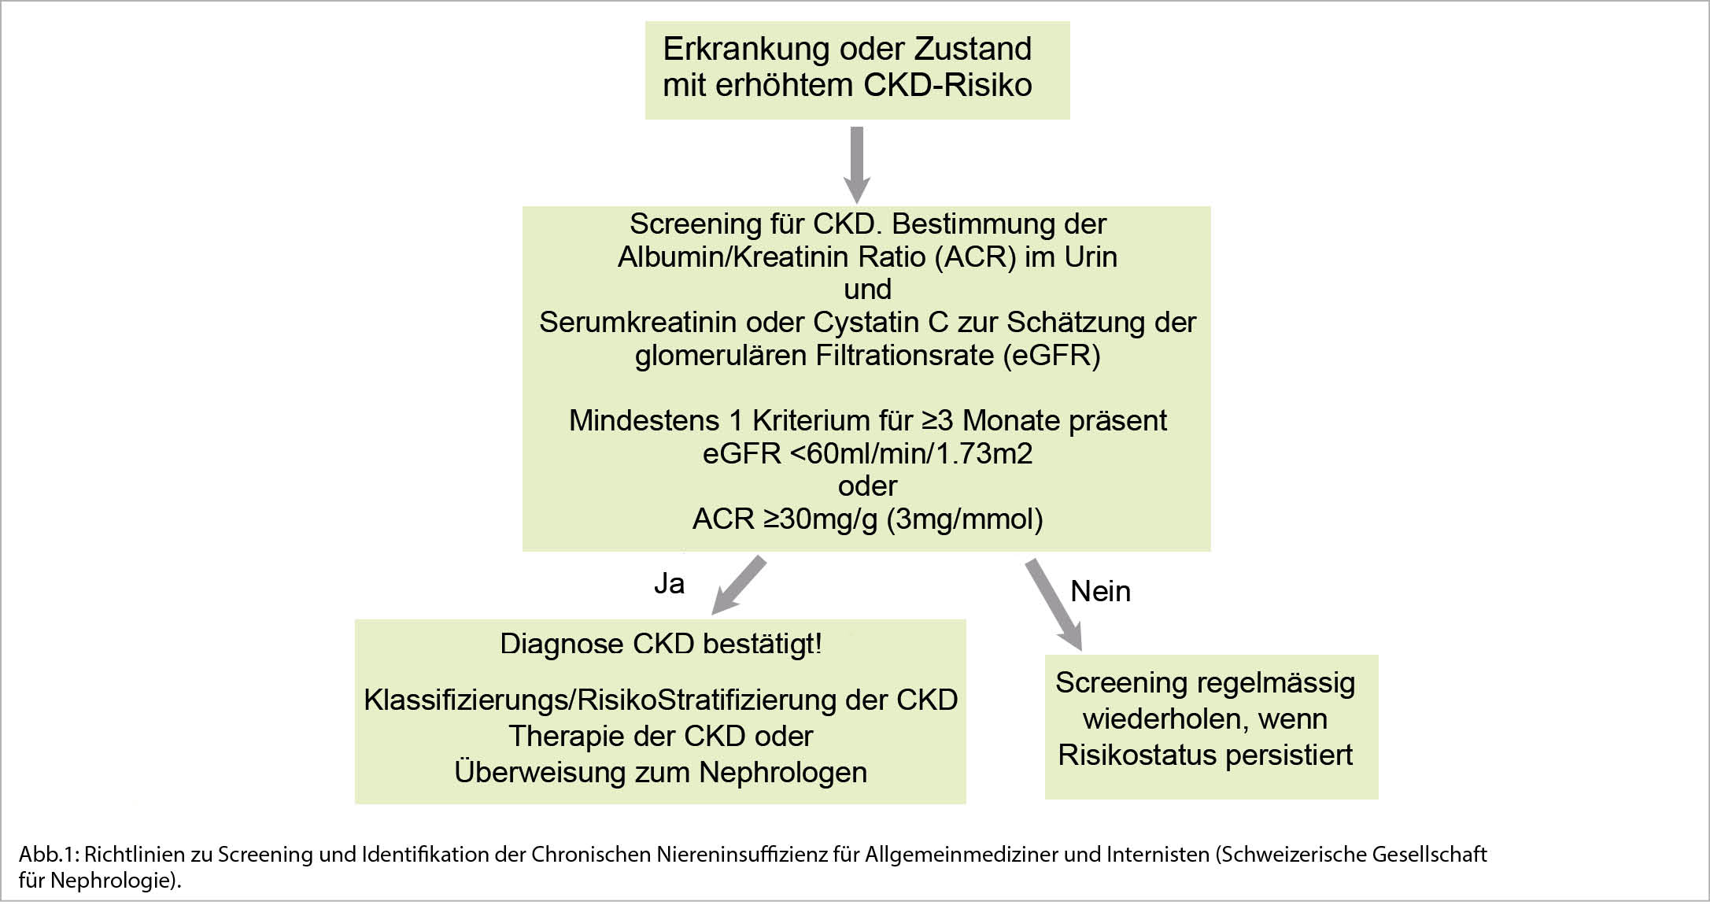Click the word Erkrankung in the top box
(752, 50)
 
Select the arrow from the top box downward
(857, 165)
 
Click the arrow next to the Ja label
(738, 585)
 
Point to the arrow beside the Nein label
(1054, 604)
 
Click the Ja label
(669, 583)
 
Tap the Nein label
(1100, 591)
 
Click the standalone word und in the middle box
(867, 290)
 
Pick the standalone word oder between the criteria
(867, 486)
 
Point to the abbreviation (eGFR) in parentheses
(1051, 356)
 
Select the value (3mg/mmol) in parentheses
(965, 519)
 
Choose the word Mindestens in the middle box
(644, 421)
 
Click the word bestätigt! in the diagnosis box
(762, 644)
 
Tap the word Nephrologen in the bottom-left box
(783, 772)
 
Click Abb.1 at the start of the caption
(47, 854)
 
